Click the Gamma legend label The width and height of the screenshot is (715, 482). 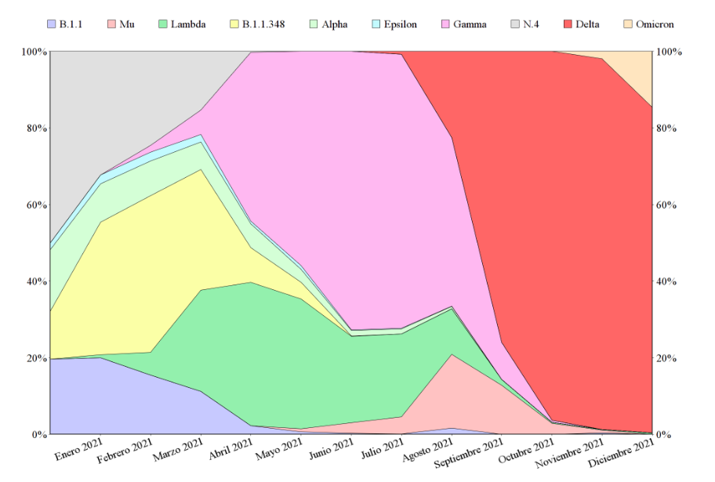pos(470,24)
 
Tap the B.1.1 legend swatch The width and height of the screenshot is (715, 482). pos(52,24)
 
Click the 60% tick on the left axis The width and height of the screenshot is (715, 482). pos(34,205)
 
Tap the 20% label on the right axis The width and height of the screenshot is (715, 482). pos(669,358)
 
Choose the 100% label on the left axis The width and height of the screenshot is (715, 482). pos(32,52)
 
